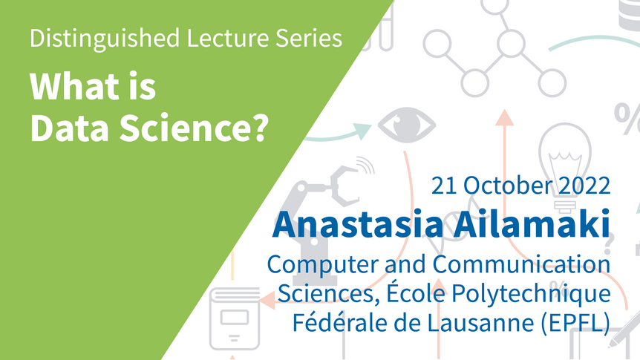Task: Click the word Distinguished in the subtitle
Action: [x=105, y=39]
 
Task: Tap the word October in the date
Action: [x=508, y=186]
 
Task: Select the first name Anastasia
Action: [x=359, y=223]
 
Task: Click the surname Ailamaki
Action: [x=532, y=223]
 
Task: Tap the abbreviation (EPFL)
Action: [x=575, y=323]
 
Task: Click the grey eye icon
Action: [x=407, y=125]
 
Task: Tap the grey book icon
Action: [x=235, y=318]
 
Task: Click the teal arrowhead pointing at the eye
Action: [x=362, y=131]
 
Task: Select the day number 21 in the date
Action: [x=444, y=186]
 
